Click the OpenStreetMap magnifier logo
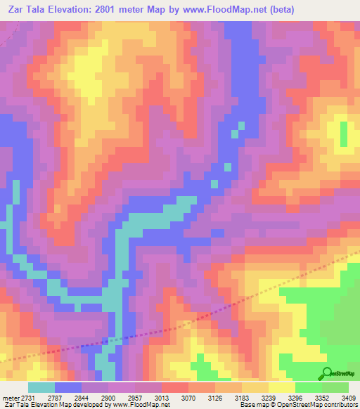326,373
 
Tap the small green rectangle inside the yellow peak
344,135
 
